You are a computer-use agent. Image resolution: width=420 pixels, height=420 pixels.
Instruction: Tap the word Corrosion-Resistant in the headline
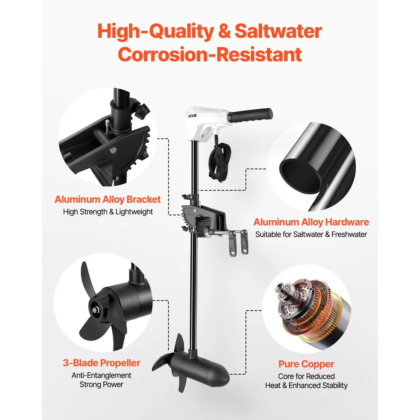coord(210,54)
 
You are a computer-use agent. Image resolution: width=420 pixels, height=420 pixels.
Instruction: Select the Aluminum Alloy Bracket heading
coord(108,199)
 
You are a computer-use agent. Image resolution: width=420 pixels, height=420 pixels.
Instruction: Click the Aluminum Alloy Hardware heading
coord(311,222)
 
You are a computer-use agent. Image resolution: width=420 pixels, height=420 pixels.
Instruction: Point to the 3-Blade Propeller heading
coord(101,363)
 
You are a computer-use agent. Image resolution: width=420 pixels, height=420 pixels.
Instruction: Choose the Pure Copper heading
coord(306,364)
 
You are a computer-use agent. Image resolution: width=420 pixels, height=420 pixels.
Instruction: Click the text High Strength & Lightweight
coord(108,212)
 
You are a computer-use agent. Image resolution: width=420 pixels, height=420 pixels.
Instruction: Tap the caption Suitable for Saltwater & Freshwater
coord(311,234)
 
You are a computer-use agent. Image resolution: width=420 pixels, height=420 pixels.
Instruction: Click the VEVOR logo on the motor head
coord(192,115)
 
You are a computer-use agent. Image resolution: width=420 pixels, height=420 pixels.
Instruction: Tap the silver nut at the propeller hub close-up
coord(96,310)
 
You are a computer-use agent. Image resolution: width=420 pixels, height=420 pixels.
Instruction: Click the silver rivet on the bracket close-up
coord(113,150)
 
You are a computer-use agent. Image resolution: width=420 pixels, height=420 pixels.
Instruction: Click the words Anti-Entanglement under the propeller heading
coord(101,375)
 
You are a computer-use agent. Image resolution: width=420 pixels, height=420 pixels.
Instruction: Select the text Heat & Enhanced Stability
coord(306,386)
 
